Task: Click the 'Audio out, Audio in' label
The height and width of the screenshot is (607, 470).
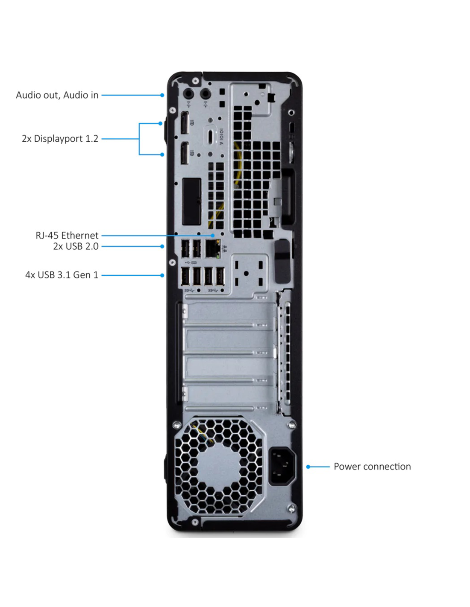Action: point(57,95)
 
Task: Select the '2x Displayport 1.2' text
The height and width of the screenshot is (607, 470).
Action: point(60,139)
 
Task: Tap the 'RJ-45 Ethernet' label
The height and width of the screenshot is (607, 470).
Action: point(67,235)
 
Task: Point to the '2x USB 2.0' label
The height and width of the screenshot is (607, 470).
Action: point(76,246)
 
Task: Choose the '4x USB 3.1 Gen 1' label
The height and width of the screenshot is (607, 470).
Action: point(62,275)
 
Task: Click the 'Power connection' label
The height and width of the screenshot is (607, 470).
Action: point(372,467)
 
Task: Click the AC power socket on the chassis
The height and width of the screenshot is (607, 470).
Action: point(282,466)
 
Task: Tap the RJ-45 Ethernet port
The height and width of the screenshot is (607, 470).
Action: point(213,248)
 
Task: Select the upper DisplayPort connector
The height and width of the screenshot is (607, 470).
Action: point(184,123)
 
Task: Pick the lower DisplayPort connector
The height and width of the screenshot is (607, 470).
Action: point(184,153)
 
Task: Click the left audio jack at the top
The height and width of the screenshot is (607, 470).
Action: point(189,93)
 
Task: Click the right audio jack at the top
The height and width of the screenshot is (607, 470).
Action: point(206,93)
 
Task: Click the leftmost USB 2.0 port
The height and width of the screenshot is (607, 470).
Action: point(185,249)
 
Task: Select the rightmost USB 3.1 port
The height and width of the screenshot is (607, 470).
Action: point(219,277)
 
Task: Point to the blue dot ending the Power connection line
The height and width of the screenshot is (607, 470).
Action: point(308,467)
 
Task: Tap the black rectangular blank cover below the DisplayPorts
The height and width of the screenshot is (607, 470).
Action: point(191,201)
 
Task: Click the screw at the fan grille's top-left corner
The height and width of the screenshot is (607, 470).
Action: point(176,425)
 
